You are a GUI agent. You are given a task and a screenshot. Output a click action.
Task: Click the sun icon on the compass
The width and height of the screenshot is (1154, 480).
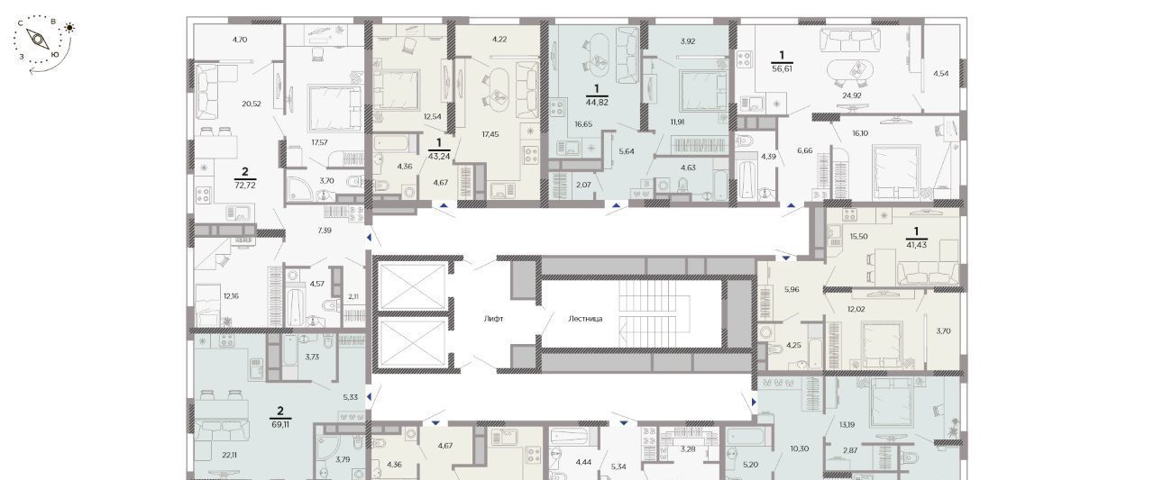(x=69, y=28)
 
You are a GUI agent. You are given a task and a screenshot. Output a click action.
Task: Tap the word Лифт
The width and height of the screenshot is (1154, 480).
(x=493, y=319)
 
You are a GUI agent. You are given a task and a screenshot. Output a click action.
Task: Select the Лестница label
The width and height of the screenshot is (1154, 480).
(x=585, y=319)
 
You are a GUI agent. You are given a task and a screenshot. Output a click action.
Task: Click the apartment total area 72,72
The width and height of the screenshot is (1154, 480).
(x=245, y=186)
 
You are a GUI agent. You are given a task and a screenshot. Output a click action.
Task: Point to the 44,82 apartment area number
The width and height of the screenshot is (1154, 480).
(x=597, y=102)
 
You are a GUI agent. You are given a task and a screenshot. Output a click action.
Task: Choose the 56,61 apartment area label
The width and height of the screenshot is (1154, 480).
(x=782, y=68)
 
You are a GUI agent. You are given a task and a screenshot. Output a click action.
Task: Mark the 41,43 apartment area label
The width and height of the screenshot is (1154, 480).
(x=917, y=245)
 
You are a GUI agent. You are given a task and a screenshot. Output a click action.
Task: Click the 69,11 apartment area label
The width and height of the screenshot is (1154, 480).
(x=280, y=424)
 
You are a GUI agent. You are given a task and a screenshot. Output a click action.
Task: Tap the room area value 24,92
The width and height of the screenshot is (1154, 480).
(x=852, y=95)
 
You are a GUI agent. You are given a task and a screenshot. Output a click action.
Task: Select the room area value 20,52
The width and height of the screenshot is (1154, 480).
(x=252, y=104)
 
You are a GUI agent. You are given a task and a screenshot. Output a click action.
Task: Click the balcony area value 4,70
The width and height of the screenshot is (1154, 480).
(x=240, y=39)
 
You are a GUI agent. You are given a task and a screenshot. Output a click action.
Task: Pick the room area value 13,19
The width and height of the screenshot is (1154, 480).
(x=847, y=424)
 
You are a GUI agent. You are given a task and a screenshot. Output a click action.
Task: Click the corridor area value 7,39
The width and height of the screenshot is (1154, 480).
(x=325, y=231)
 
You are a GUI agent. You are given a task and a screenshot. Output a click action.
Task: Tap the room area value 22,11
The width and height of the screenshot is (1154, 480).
(x=230, y=455)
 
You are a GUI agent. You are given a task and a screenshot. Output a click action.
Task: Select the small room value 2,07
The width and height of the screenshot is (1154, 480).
(x=583, y=185)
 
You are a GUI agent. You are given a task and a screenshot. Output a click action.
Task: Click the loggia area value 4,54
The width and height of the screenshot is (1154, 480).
(x=940, y=73)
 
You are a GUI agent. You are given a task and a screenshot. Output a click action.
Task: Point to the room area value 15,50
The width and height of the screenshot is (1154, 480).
(x=859, y=236)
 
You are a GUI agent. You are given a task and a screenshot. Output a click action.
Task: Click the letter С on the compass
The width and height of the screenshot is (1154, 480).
(x=20, y=23)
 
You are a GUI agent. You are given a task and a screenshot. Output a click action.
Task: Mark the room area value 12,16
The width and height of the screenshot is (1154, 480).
(x=232, y=295)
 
